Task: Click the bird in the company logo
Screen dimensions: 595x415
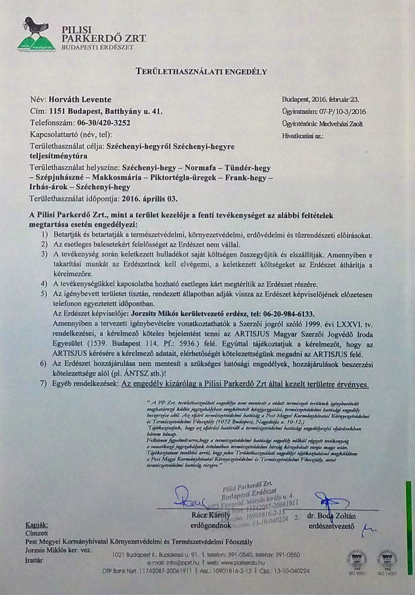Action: click(35, 26)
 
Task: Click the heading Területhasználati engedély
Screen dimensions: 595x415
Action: click(201, 72)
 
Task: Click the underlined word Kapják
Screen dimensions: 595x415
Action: click(37, 524)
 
